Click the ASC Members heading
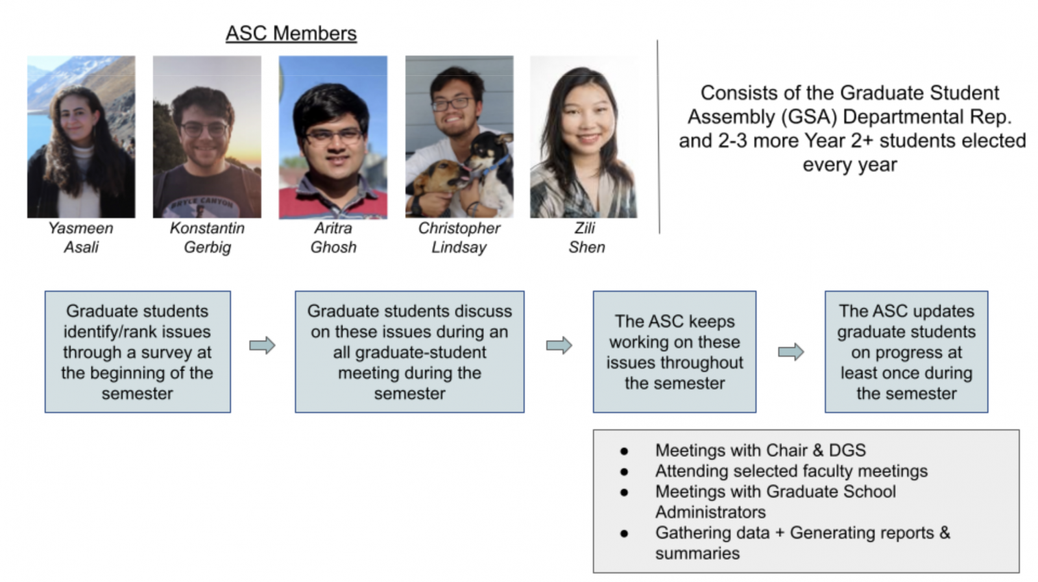coord(291,34)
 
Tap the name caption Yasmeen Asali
coord(81,237)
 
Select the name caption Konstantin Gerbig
coord(207,237)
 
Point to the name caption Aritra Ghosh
coord(333,237)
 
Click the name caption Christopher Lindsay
coord(459,237)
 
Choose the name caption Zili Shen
coord(586,237)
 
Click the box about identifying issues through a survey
coord(138,352)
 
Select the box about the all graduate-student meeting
coord(409,352)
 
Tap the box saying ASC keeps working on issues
coord(675,352)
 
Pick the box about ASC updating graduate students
coord(906,352)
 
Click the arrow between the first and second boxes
coord(262,345)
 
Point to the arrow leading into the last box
coord(791,352)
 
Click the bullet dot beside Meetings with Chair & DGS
coord(624,451)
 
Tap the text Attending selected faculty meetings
coord(791,471)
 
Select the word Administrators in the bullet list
coord(710,512)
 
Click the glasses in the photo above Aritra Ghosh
coord(334,136)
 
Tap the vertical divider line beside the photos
coord(658,137)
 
